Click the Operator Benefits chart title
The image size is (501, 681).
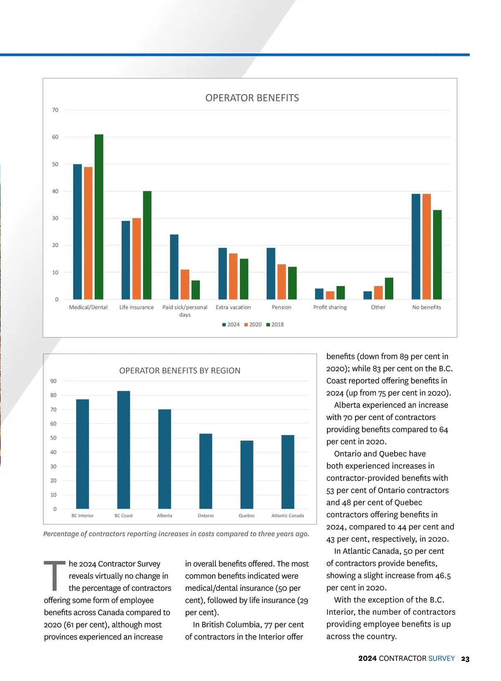[252, 98]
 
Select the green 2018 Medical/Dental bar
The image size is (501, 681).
[99, 217]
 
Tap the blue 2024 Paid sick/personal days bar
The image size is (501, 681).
[174, 267]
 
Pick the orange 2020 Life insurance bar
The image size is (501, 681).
[137, 258]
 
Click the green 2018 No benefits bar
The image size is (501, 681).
[437, 255]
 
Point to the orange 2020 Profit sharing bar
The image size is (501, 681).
[330, 295]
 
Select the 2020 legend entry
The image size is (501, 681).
[253, 324]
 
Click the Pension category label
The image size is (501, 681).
[281, 307]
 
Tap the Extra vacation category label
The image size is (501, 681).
[233, 307]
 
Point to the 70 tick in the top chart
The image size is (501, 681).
[55, 110]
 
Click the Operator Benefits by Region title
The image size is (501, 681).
[180, 371]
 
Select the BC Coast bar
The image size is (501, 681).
[124, 450]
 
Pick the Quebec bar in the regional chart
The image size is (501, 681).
[247, 474]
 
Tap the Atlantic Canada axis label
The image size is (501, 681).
[288, 516]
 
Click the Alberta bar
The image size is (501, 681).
[164, 459]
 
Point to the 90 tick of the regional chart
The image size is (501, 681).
[53, 381]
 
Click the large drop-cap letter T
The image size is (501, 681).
[54, 576]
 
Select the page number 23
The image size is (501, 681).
[465, 659]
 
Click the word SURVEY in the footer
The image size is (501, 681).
[441, 658]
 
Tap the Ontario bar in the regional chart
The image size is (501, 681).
[206, 471]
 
